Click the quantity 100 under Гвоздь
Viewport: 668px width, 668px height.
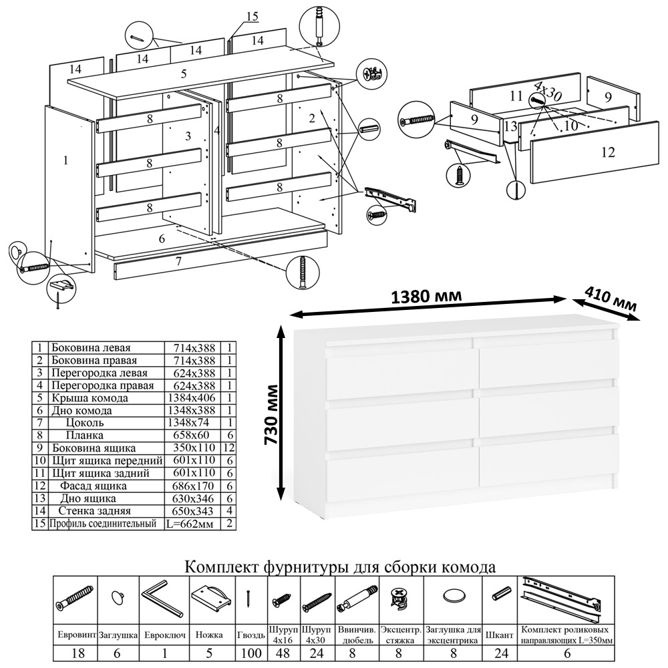click(251, 653)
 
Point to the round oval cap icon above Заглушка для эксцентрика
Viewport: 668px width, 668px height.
click(454, 595)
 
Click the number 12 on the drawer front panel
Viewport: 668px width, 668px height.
click(607, 152)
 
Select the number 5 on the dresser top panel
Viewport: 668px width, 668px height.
click(183, 73)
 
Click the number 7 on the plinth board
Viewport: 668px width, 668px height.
click(178, 262)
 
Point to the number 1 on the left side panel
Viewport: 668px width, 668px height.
click(65, 160)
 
